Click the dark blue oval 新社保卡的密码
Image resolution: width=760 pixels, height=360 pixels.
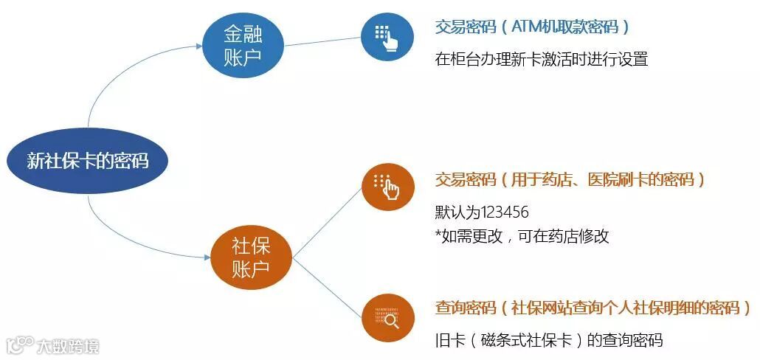pyautogui.click(x=88, y=160)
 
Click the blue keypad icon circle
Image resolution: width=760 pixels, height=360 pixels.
pyautogui.click(x=387, y=36)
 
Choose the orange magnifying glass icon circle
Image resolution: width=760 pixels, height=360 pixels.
pyautogui.click(x=387, y=317)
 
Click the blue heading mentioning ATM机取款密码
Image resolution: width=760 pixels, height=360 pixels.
pyautogui.click(x=532, y=27)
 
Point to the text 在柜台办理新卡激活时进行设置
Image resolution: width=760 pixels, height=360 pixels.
pyautogui.click(x=541, y=60)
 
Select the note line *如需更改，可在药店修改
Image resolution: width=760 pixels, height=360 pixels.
pyautogui.click(x=522, y=236)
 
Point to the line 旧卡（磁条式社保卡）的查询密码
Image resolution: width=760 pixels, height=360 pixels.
pyautogui.click(x=548, y=340)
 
